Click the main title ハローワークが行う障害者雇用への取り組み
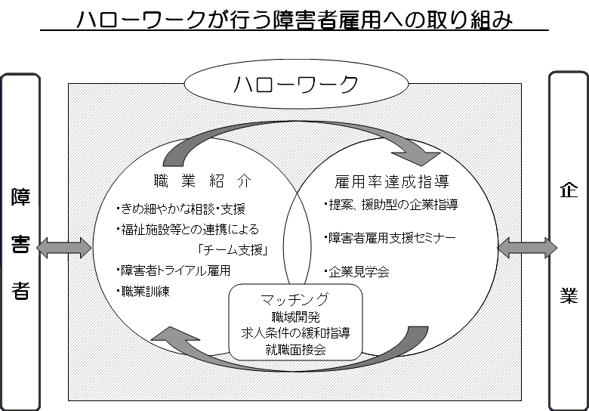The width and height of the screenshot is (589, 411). click(294, 19)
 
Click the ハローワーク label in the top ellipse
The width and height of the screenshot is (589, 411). click(296, 84)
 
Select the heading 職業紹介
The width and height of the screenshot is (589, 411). click(202, 181)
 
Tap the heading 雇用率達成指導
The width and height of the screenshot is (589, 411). click(392, 181)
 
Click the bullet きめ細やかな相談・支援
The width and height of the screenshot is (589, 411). click(181, 209)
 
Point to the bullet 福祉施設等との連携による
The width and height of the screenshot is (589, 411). click(188, 229)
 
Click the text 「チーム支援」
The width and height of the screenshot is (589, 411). click(233, 249)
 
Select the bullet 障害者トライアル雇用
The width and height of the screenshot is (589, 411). click(174, 270)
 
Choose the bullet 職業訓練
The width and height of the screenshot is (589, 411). click(143, 291)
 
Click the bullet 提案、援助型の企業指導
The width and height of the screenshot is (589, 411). click(391, 205)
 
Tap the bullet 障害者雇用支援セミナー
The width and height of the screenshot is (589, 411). click(390, 238)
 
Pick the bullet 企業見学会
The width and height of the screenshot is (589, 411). click(357, 272)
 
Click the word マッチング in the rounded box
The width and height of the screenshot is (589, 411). click(295, 299)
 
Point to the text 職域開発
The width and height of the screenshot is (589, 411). click(295, 317)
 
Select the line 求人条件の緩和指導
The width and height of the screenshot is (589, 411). click(295, 333)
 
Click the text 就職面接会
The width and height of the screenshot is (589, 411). click(295, 349)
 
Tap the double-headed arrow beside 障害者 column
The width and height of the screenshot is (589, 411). click(64, 248)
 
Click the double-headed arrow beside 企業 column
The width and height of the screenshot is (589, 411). click(527, 248)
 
